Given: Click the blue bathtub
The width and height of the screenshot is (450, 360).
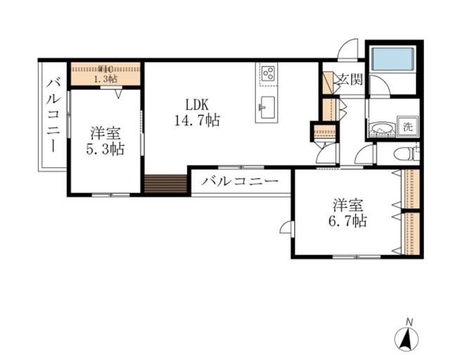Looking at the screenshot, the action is pos(393,58).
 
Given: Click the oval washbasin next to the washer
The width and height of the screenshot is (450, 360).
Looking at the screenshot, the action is pos(381,129).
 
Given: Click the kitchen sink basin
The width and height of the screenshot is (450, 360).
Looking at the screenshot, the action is pos(267,108).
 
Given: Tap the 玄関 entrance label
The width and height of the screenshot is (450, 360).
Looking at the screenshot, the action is pos(350,79).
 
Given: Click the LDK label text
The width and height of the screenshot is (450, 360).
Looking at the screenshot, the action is pos(197,105).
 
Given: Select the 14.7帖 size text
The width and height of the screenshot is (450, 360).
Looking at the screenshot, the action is pos(198,120).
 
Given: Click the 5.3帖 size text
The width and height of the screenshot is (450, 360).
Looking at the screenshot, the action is pos(105,148).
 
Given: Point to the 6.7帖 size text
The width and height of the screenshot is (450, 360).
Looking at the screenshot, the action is pos(347,221).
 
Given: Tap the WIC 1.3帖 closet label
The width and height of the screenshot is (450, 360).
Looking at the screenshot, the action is pos(105,74).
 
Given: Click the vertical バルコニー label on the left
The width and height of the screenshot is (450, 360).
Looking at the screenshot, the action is pos(53,116).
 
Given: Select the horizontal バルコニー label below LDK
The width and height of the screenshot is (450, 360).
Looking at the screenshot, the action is pos(240,181).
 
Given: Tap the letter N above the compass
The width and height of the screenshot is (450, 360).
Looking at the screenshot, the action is pos(409,322).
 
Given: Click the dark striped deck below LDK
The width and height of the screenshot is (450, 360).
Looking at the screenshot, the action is pos(166,184).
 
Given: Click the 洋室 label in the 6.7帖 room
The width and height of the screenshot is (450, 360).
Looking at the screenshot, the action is pos(347,205).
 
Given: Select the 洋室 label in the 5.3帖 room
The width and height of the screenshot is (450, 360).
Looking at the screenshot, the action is pos(105,133).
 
